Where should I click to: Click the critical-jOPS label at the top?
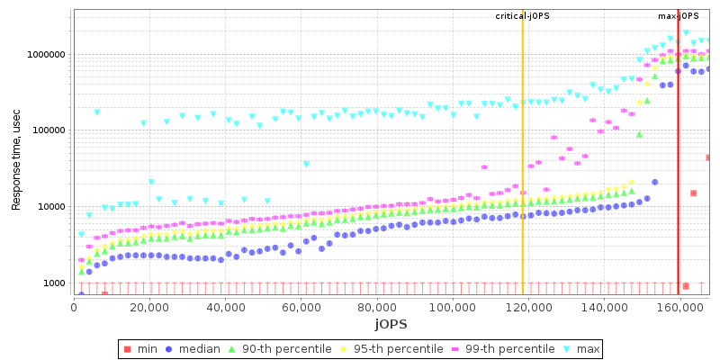[522, 16]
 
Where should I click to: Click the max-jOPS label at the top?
[679, 16]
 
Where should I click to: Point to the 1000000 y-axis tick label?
[44, 54]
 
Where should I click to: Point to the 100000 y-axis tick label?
[47, 130]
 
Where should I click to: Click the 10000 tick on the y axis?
[49, 207]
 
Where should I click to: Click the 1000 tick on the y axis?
[52, 283]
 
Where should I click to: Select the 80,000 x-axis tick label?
[376, 306]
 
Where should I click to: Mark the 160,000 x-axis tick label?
[678, 306]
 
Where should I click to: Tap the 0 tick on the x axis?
[74, 306]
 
